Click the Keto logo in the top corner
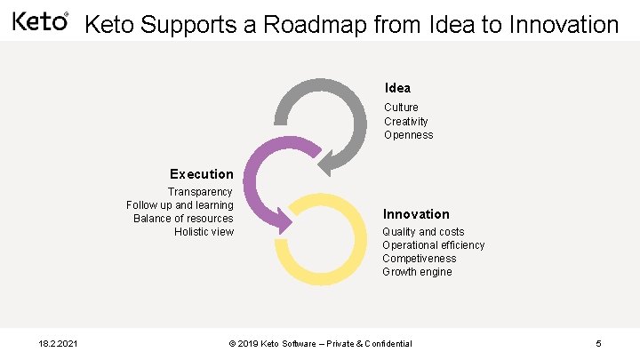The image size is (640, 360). (40, 20)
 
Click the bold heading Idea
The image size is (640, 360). (397, 88)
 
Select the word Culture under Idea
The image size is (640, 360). (401, 108)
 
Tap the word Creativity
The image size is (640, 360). (405, 121)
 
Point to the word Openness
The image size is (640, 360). (408, 135)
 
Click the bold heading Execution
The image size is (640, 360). (201, 174)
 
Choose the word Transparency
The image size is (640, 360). (200, 192)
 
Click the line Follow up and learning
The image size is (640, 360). (180, 205)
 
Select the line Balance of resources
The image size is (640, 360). (183, 219)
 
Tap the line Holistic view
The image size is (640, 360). (204, 232)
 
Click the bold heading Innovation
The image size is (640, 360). (416, 214)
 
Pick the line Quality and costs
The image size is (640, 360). (423, 232)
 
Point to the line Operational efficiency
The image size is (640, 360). (434, 245)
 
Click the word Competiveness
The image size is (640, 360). (419, 259)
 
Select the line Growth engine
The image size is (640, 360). (417, 272)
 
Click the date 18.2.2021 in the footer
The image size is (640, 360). (60, 343)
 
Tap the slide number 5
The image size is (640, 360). (599, 343)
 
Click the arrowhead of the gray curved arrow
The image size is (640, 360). (327, 164)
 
